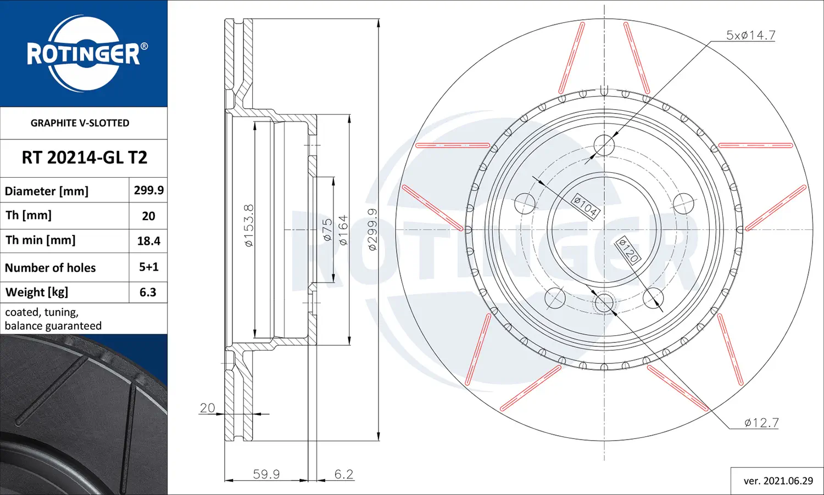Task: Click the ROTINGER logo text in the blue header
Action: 83,54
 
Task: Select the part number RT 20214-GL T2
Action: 84,157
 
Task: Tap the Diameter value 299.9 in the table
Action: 149,190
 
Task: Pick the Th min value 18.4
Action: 149,241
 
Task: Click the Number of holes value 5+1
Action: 149,267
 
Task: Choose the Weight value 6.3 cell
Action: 148,292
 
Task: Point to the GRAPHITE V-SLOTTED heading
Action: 80,123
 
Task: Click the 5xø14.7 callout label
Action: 751,35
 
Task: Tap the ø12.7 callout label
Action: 761,423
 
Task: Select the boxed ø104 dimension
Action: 586,206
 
